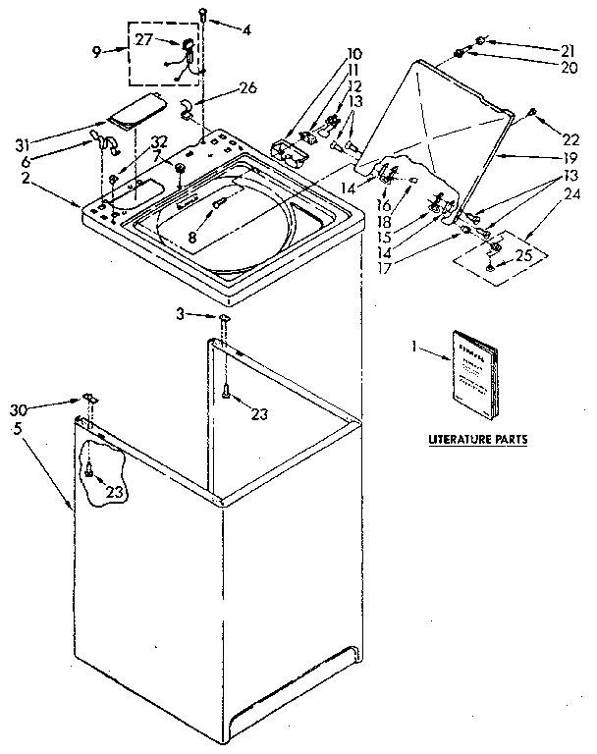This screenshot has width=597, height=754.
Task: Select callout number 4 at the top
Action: [246, 29]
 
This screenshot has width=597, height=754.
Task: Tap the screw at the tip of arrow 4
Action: [202, 13]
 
